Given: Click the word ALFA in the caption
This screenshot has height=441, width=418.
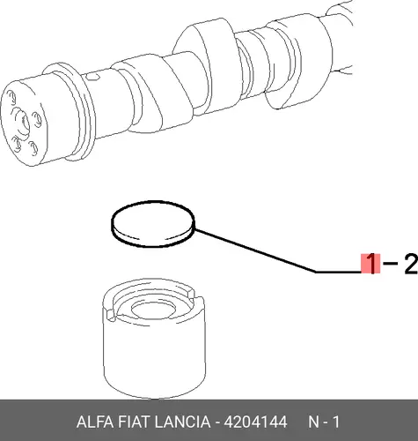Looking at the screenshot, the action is (x=94, y=422).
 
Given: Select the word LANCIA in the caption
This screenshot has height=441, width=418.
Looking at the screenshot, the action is (x=182, y=422).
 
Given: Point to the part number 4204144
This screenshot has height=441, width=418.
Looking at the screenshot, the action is (x=255, y=422).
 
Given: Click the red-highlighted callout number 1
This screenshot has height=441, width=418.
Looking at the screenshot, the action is (x=370, y=264).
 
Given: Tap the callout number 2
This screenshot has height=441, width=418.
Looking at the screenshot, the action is (x=411, y=264).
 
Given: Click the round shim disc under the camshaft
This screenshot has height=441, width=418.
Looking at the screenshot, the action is (x=153, y=224).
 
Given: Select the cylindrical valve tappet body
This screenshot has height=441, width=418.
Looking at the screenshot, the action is (x=154, y=338).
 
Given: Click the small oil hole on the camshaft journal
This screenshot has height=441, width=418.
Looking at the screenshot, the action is (x=93, y=77).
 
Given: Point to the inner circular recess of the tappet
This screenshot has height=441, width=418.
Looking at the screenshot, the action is (x=153, y=310).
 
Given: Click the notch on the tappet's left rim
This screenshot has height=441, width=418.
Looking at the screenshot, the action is (x=112, y=315).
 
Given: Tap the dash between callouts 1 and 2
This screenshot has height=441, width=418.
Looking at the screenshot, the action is (x=391, y=264).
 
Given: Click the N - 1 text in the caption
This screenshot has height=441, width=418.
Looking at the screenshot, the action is (x=324, y=422).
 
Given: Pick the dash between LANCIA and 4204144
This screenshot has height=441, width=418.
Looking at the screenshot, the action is (x=217, y=423).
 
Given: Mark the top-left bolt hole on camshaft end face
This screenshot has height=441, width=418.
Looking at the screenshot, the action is (x=11, y=97).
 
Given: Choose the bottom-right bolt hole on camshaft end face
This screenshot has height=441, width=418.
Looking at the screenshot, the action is (x=34, y=147).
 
